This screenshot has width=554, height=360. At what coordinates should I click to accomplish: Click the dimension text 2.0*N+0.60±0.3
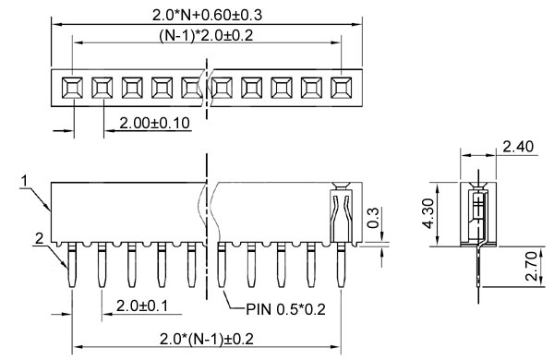pyautogui.click(x=207, y=15)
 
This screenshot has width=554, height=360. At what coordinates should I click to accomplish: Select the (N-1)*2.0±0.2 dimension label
pyautogui.click(x=206, y=35)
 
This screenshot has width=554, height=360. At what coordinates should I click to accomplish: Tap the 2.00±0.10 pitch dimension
pyautogui.click(x=155, y=123)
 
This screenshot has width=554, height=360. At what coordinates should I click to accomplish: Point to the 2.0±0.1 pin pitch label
pyautogui.click(x=142, y=306)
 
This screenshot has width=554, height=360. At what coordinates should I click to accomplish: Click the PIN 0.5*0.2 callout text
pyautogui.click(x=285, y=309)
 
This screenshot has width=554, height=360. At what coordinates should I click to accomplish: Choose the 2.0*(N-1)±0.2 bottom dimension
pyautogui.click(x=207, y=339)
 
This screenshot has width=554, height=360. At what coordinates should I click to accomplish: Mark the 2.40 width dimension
pyautogui.click(x=518, y=147)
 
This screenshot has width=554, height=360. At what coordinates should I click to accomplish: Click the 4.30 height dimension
pyautogui.click(x=428, y=213)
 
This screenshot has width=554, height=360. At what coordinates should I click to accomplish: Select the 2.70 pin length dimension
pyautogui.click(x=531, y=266)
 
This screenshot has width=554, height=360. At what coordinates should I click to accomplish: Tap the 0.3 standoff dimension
pyautogui.click(x=373, y=218)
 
